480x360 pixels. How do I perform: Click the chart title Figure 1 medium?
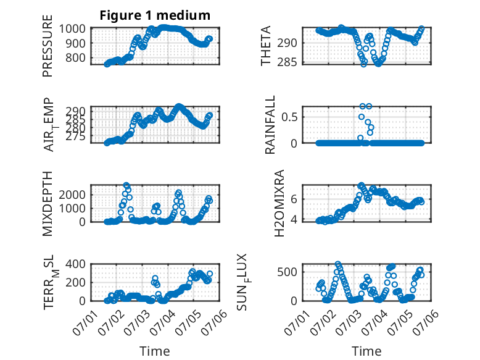(155, 15)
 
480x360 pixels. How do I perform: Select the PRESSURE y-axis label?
(48, 46)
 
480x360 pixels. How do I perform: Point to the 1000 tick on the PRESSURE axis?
(72, 29)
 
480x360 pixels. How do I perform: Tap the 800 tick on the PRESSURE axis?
(75, 57)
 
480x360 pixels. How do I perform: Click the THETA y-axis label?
(266, 46)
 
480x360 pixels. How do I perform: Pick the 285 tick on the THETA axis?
(287, 62)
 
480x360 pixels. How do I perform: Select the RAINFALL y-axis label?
(270, 125)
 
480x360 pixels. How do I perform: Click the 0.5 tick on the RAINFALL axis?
(289, 117)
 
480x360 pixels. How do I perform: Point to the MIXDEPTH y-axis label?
(48, 204)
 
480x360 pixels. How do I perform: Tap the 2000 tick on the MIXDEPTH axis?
(72, 195)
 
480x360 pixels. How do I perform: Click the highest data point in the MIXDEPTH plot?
(126, 185)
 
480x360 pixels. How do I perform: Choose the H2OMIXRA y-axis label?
(279, 203)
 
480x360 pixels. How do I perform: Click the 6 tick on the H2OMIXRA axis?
(294, 199)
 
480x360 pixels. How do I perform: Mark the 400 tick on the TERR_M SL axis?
(75, 264)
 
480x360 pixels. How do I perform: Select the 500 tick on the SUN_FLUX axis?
(287, 272)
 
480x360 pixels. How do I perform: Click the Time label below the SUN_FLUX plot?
(366, 351)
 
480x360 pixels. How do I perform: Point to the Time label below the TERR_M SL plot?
(155, 351)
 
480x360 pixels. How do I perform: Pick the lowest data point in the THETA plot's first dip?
(363, 64)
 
